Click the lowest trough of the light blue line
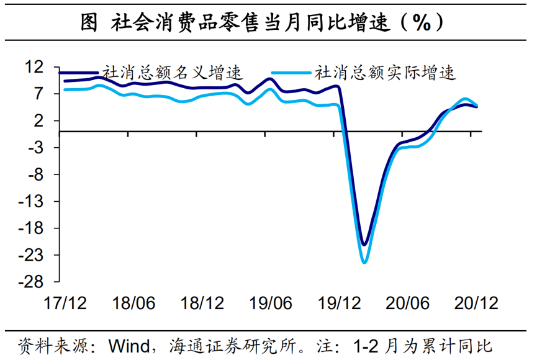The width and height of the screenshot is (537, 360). pos(364,262)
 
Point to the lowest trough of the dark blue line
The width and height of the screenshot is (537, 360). pos(364,244)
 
